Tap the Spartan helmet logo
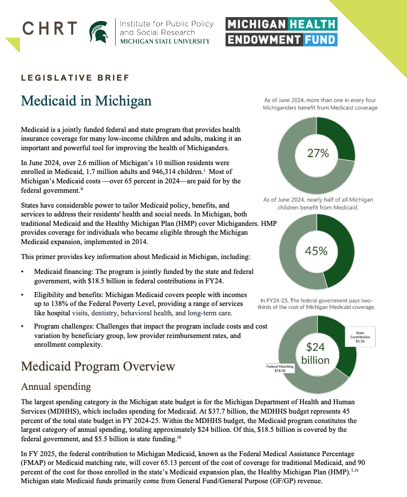click(99, 32)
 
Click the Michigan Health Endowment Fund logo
click(281, 31)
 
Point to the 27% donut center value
click(317, 153)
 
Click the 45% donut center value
click(317, 251)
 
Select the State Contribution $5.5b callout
click(361, 338)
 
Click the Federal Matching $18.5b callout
click(279, 368)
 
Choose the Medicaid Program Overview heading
click(98, 367)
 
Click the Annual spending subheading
click(55, 387)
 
